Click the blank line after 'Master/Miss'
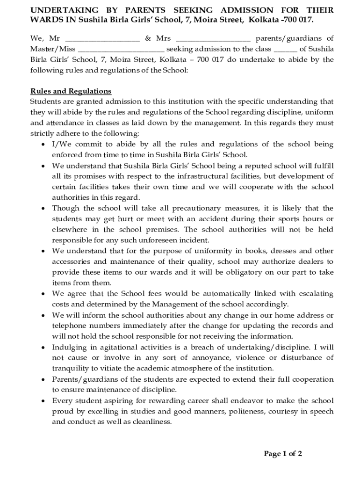tap(121, 49)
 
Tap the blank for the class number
tap(285, 49)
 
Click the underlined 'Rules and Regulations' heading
tap(71, 91)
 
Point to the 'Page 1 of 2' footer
tap(283, 453)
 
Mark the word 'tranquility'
tap(71, 368)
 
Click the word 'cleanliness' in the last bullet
tap(152, 421)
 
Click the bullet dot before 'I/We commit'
tap(43, 145)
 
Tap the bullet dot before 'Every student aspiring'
tap(43, 401)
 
